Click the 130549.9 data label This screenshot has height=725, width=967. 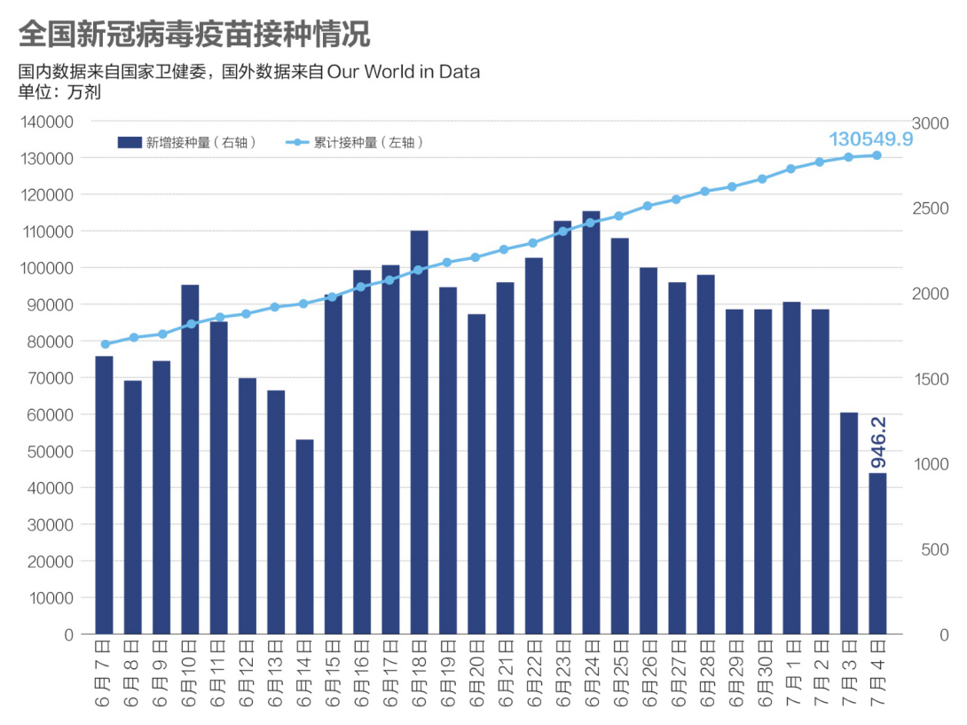pyautogui.click(x=870, y=139)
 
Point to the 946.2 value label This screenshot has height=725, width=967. pyautogui.click(x=879, y=444)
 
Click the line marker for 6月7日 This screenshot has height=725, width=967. pyautogui.click(x=105, y=344)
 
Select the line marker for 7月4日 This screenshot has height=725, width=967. pyautogui.click(x=877, y=155)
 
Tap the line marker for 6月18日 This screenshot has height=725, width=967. pyautogui.click(x=419, y=270)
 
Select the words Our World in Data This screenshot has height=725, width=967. pyautogui.click(x=404, y=72)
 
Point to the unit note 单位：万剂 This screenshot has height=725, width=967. pyautogui.click(x=59, y=91)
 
